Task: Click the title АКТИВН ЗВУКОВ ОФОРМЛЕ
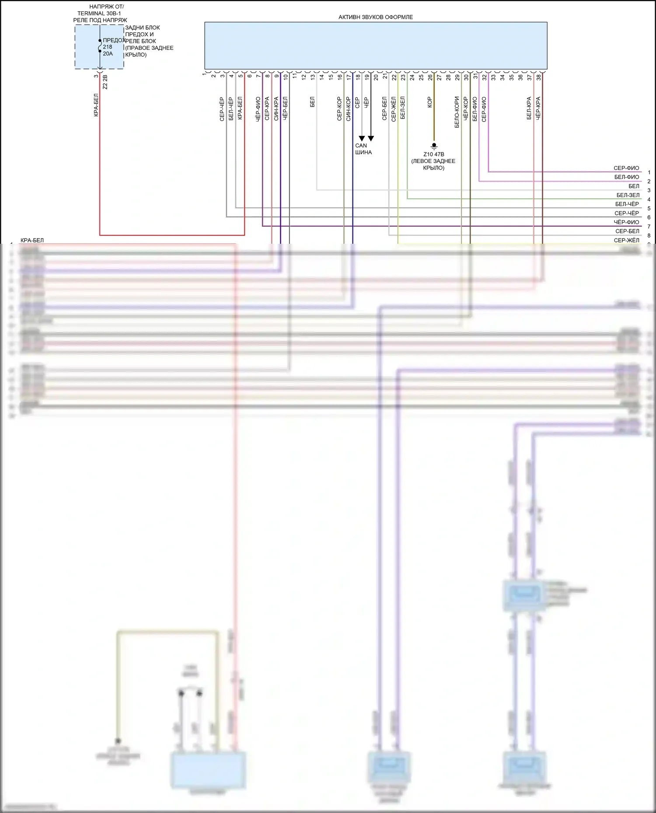[375, 17]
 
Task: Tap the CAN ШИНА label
[363, 149]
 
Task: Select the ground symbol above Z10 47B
[434, 145]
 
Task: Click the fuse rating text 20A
[108, 54]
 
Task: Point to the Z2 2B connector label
[105, 82]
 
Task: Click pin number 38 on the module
[539, 77]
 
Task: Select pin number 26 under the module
[430, 77]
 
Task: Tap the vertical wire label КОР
[429, 102]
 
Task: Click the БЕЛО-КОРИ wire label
[457, 112]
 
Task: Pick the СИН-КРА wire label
[276, 109]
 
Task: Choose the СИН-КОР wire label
[348, 109]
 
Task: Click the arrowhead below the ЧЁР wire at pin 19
[371, 138]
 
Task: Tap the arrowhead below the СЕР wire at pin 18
[362, 138]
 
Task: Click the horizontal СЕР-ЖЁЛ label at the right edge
[626, 240]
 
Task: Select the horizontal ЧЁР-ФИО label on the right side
[626, 222]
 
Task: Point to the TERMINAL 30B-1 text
[99, 14]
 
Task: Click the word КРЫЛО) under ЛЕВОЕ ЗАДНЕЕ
[433, 168]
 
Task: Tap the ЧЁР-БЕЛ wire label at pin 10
[285, 109]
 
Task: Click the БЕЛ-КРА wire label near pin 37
[529, 108]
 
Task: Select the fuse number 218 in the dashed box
[108, 47]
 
